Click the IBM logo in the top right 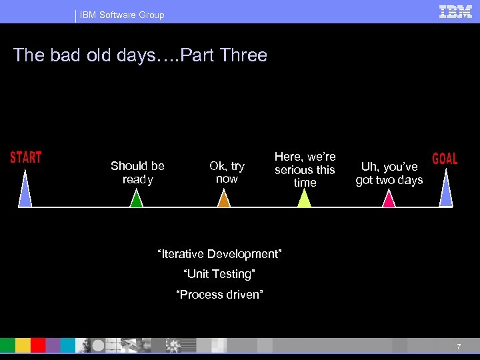456,11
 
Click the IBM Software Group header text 121,15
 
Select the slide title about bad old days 140,55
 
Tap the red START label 26,157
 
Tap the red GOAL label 445,159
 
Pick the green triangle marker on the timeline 136,199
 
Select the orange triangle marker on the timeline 224,199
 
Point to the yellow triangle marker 304,199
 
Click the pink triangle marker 389,199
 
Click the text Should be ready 137,173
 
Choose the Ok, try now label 227,173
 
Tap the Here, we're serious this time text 305,169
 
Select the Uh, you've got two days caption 389,173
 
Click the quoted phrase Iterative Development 219,254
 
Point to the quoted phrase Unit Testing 219,274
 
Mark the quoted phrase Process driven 219,294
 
